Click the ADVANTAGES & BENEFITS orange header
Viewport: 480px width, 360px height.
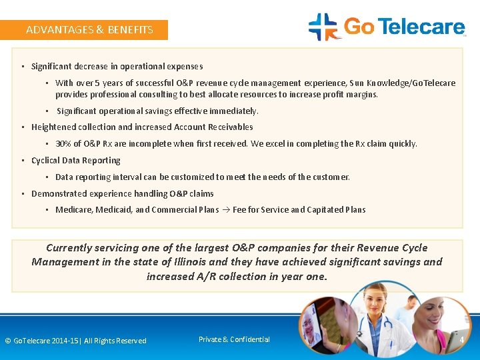[x=89, y=29]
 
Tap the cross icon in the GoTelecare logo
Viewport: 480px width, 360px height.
[x=323, y=27]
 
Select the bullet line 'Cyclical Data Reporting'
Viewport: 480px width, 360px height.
[x=75, y=160]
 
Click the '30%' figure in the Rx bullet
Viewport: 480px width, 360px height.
[x=63, y=143]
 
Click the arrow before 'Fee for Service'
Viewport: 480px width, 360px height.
[x=225, y=209]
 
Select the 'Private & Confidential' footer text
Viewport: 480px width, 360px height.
[x=234, y=339]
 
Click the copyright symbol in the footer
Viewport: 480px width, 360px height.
[x=8, y=341]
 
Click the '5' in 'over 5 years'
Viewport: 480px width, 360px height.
[x=97, y=83]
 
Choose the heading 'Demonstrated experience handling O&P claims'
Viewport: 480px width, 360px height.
[x=122, y=193]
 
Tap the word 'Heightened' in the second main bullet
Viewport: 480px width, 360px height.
[x=53, y=127]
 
